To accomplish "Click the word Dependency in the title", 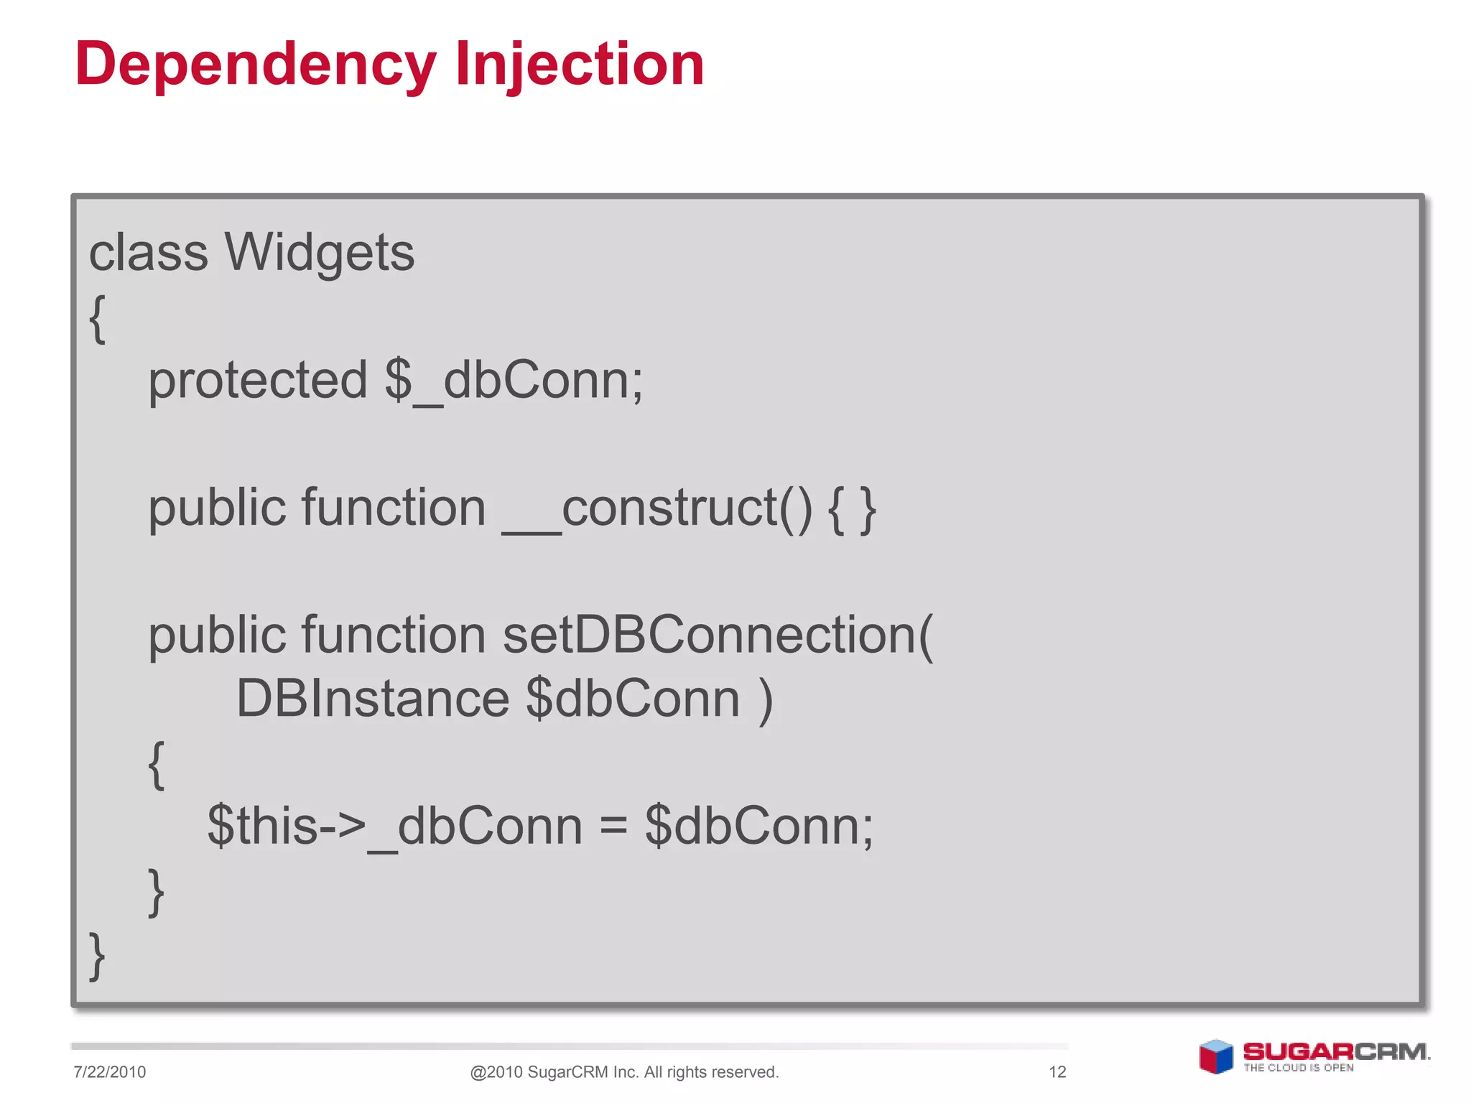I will pos(255,65).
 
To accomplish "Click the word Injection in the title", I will pos(580,65).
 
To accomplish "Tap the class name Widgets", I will pos(320,253).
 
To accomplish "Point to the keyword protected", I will pos(257,381).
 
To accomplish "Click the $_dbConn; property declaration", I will pos(514,381).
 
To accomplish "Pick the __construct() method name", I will pos(657,508).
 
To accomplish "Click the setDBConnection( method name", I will pos(718,636).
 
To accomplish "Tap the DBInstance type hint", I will pos(372,699).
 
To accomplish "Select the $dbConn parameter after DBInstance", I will pos(633,699).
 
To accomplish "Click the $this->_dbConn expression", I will pos(394,826).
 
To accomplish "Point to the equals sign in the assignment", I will pos(613,826).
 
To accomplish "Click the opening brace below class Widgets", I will pos(98,318).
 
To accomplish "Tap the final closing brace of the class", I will pos(97,956).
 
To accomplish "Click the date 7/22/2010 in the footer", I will pos(109,1072).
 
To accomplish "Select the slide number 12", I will pos(1057,1072).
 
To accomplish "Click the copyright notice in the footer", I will pos(624,1072).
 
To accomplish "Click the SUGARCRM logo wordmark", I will pos(1335,1051).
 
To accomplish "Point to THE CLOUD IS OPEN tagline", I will pos(1299,1068).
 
